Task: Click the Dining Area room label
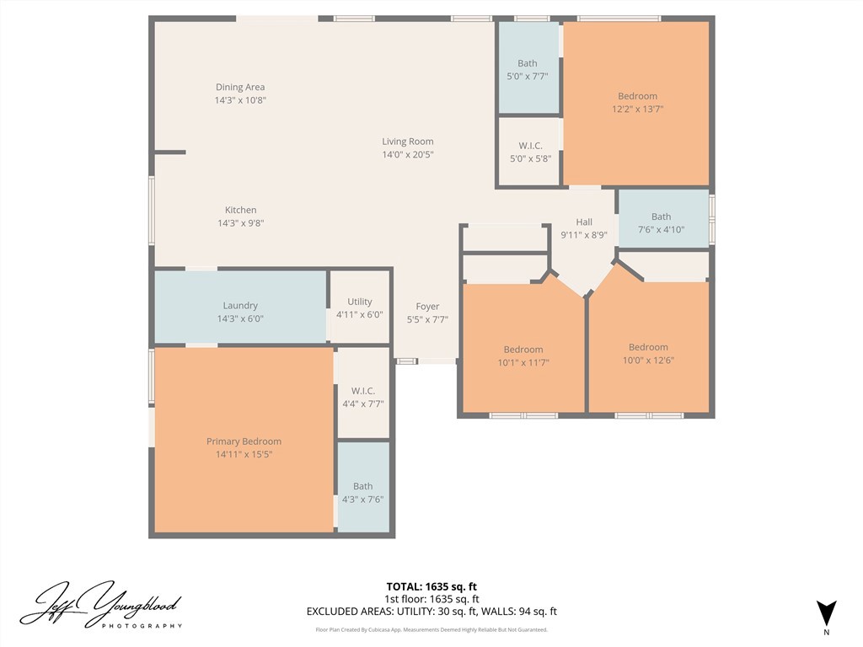click(240, 87)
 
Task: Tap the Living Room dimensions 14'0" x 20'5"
click(408, 155)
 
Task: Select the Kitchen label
click(240, 210)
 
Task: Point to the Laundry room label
click(240, 306)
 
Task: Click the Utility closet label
click(359, 302)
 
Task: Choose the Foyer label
click(427, 307)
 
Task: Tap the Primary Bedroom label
click(244, 441)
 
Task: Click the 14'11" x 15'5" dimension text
click(244, 454)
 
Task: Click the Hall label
click(584, 222)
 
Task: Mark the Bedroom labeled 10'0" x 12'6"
click(648, 347)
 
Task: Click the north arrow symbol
click(826, 613)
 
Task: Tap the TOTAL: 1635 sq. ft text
click(431, 586)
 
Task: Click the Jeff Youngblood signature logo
click(101, 605)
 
